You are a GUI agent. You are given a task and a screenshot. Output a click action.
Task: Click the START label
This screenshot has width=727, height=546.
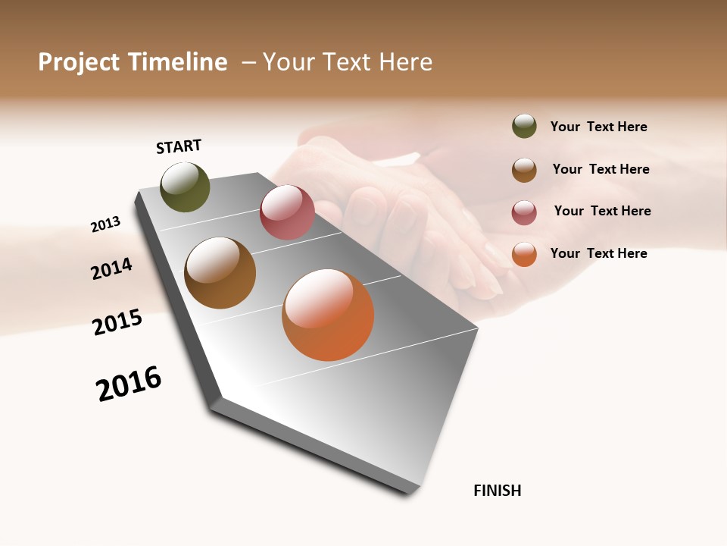click(x=179, y=146)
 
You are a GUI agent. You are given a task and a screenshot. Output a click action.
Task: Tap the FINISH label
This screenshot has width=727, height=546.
click(x=497, y=491)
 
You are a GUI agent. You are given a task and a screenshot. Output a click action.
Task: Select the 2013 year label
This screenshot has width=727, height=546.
click(x=105, y=224)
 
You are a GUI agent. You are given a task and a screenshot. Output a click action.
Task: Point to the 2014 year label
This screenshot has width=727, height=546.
click(x=111, y=268)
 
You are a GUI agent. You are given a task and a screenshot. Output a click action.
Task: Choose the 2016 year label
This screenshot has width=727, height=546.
click(x=129, y=384)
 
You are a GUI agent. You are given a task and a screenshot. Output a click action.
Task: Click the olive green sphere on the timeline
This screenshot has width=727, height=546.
click(x=185, y=187)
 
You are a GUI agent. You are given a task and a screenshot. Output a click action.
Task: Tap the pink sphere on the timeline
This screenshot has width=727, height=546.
click(x=287, y=212)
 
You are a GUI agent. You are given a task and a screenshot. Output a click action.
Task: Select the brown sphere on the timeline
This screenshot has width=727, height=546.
click(x=220, y=273)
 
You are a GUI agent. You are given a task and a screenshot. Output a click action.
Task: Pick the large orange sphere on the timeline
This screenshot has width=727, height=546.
click(x=328, y=315)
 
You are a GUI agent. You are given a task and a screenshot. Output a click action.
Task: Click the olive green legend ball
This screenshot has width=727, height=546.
click(x=524, y=126)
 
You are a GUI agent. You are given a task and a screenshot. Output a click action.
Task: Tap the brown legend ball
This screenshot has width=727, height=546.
click(x=524, y=170)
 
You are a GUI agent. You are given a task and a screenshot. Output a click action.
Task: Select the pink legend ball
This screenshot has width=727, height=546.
click(x=524, y=212)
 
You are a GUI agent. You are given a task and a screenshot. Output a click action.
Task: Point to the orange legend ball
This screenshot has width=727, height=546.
click(x=524, y=254)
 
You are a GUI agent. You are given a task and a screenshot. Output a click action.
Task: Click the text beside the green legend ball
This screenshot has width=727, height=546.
click(x=598, y=127)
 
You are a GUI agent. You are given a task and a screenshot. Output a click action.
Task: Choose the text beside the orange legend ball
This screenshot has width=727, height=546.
click(x=598, y=253)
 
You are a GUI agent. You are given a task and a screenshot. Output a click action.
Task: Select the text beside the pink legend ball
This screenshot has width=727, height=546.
click(x=602, y=211)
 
